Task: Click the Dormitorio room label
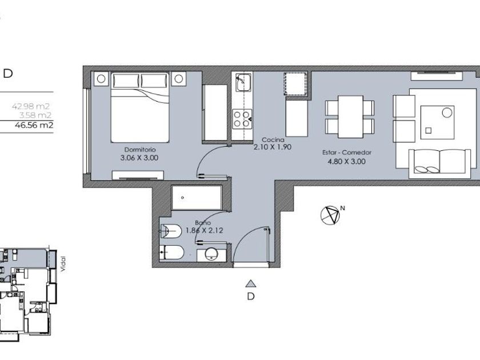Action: (140, 150)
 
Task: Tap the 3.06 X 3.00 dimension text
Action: (139, 158)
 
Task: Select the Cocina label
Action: (273, 140)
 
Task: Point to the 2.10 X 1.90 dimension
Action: (273, 147)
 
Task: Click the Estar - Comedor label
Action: (347, 153)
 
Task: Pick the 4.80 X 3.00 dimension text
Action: (346, 161)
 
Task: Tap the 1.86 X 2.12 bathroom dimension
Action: (205, 230)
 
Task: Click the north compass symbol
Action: (330, 215)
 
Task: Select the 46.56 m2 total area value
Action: (34, 125)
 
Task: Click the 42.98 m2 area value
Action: (31, 106)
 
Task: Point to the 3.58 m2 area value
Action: (35, 115)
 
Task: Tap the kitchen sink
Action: (243, 83)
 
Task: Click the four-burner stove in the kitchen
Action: (242, 119)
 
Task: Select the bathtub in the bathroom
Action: (197, 198)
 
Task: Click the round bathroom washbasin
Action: (211, 254)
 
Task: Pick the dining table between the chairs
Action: (350, 117)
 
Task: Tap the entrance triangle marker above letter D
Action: (251, 284)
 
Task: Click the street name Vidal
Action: (63, 264)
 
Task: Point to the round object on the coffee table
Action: (447, 113)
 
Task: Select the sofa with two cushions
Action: (440, 163)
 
